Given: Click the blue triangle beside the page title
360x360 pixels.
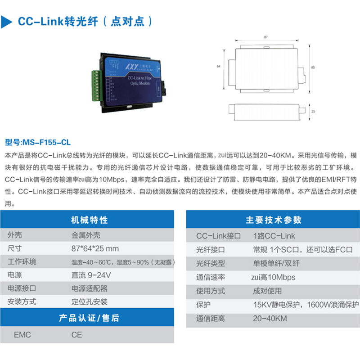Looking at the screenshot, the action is pos(6,22).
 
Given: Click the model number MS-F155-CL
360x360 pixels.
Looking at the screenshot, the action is pos(46,142).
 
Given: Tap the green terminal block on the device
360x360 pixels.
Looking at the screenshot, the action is pos(97,85).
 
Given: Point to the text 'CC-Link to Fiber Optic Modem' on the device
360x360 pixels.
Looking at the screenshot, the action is pos(139,81).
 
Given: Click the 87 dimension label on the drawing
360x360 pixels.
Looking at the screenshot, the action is pos(265,37).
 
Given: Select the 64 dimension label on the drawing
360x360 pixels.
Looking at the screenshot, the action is pos(218,66).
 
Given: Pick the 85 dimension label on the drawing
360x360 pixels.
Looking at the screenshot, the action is pos(313,67).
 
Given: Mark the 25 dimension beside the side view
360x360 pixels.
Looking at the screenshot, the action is pos(313,112).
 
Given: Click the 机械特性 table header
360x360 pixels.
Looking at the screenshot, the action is pos(89,220).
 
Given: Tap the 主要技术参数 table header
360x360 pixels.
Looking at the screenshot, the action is pos(274,220).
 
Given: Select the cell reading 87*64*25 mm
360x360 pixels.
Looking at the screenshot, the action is pos(95,248).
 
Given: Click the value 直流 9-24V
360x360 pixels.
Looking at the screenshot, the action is pos(91,275).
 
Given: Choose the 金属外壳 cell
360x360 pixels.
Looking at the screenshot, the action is pos(85,235).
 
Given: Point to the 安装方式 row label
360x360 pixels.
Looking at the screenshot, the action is pos(22,301).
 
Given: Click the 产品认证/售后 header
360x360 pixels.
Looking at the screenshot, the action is pos(89,318).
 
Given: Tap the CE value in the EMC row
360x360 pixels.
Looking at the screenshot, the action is pos(76,335).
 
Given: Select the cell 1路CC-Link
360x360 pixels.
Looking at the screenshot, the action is pos(274,236).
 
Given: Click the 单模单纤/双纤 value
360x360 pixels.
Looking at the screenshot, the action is pos(276,263).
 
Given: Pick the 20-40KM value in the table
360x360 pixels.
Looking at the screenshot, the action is pos(270,319).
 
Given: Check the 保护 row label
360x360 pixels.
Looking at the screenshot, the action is pos(203,305).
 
